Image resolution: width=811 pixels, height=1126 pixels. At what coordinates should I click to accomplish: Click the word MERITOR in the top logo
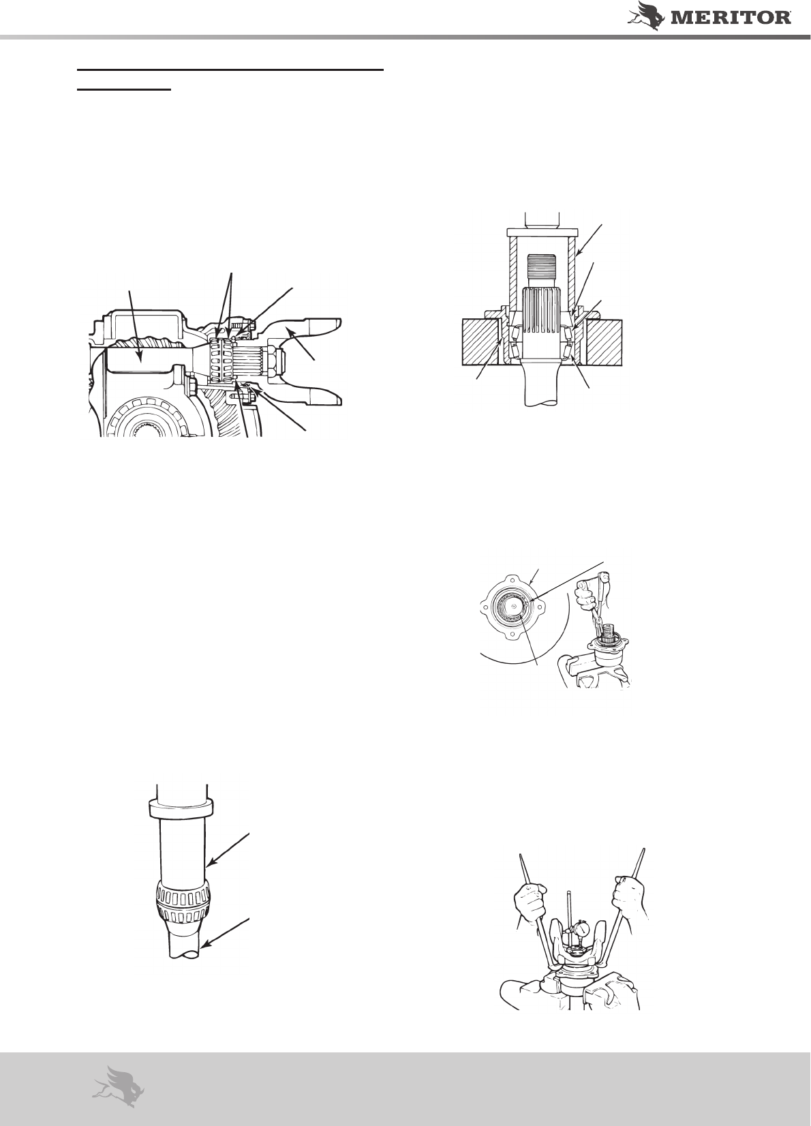731,18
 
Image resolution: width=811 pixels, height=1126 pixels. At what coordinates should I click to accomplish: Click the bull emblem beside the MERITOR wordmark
647,14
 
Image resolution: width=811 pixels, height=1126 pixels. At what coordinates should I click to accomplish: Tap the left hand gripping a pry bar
530,903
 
